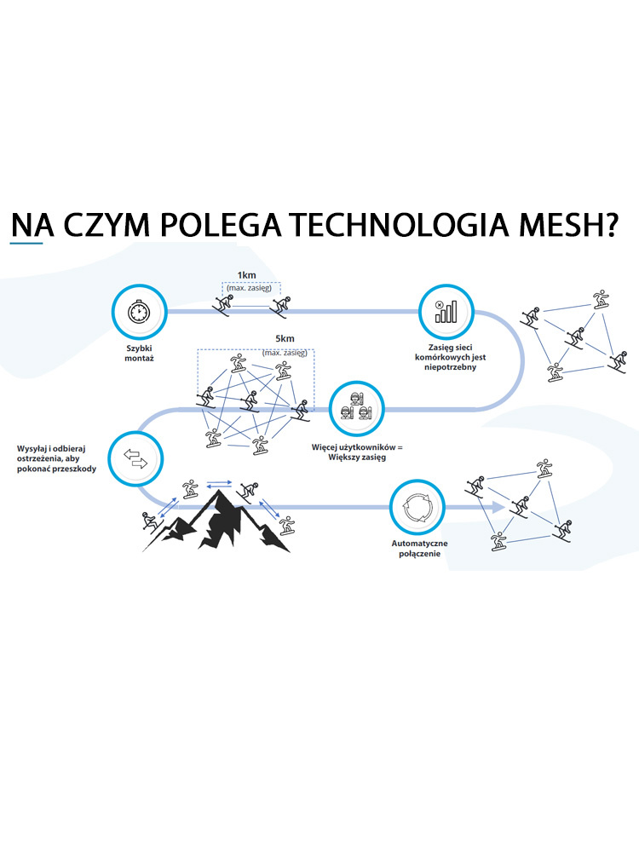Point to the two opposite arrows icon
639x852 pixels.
pyautogui.click(x=136, y=458)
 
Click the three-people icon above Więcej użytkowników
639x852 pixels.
pyautogui.click(x=354, y=406)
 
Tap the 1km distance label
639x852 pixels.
pyautogui.click(x=247, y=275)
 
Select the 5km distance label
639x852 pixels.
pyautogui.click(x=285, y=338)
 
